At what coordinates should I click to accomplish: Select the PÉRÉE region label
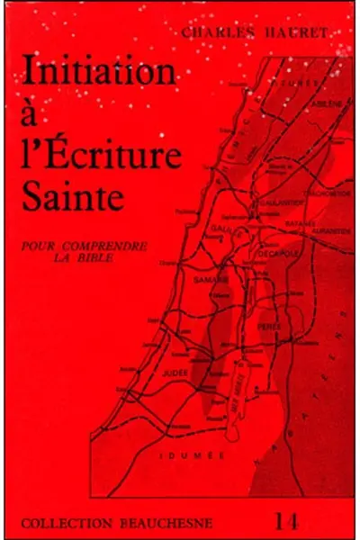pyautogui.click(x=271, y=326)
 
